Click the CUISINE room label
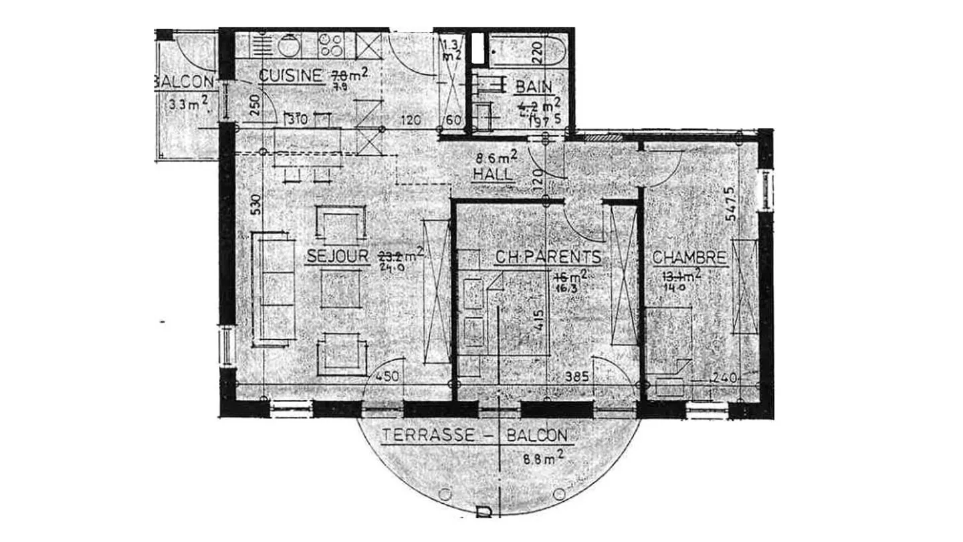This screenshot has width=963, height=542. coord(290,76)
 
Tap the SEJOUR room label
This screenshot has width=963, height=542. coord(338,256)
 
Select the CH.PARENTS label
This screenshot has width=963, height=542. coord(548,258)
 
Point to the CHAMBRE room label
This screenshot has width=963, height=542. coord(689,258)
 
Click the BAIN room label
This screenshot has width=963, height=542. coord(534,87)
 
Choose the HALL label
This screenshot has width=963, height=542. coord(492,174)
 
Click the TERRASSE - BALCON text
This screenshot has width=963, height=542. coord(475,436)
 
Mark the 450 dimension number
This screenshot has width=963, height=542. coord(387,377)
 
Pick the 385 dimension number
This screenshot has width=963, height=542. coord(576,377)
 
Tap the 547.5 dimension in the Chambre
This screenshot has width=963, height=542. coord(749,203)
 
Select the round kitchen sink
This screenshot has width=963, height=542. coord(290,46)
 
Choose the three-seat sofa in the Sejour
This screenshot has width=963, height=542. coord(273,289)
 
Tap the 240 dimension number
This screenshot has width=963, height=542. coord(724,378)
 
